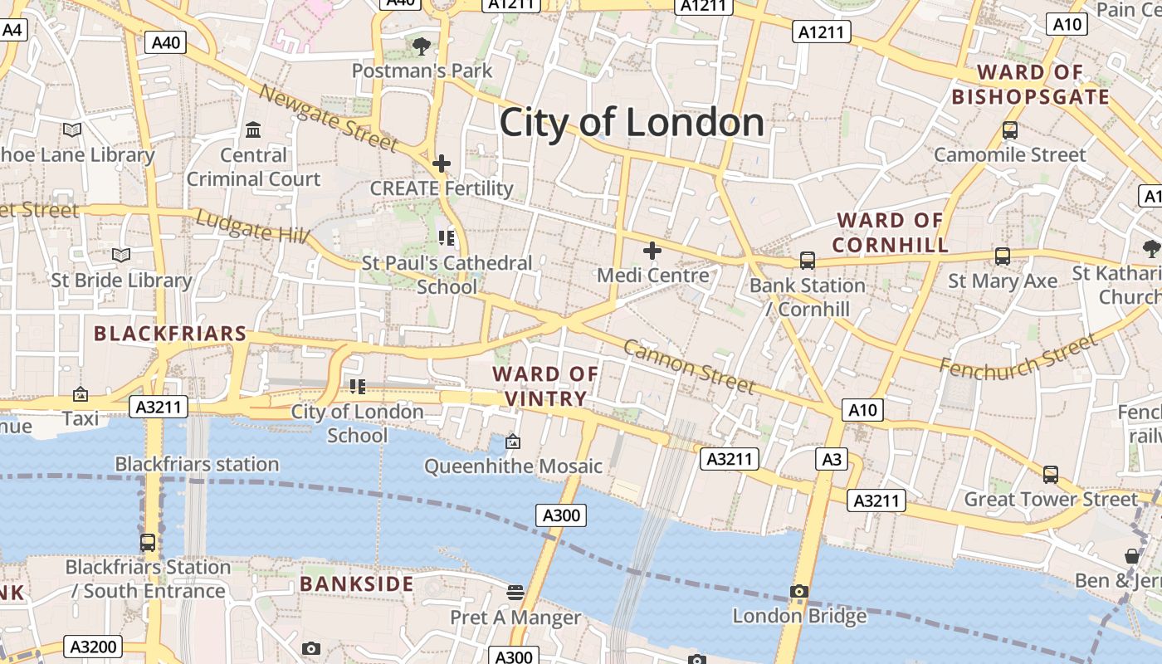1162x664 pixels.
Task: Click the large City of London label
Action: coord(632,123)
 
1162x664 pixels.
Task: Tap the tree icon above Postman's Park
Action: coord(422,46)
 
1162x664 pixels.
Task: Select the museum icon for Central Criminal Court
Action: coord(253,130)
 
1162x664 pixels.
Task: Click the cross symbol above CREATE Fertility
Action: coord(442,164)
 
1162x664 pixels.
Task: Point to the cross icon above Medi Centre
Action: coord(652,250)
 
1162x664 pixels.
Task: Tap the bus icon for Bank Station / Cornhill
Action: coord(807,261)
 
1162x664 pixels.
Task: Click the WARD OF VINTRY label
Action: coord(545,386)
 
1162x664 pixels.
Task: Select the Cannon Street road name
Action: coord(689,366)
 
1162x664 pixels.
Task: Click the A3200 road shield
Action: coord(95,647)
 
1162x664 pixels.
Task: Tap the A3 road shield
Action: coord(832,459)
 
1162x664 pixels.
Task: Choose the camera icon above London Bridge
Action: coord(799,592)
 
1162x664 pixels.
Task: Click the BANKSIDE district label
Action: coord(357,584)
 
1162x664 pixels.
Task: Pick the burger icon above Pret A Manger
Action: coord(515,593)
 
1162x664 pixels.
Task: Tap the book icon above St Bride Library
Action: coord(121,255)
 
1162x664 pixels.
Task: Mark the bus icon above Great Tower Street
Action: coord(1051,475)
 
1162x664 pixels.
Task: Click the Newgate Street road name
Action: coord(329,118)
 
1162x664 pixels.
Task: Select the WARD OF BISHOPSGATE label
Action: coord(1030,85)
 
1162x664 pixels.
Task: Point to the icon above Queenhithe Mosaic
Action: coord(513,442)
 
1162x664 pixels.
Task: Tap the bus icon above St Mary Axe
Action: coord(1003,256)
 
